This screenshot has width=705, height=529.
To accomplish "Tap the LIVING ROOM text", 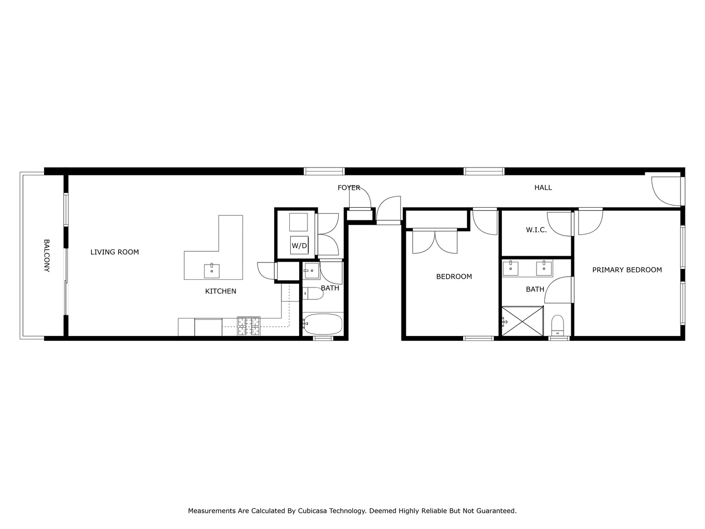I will pos(115,252).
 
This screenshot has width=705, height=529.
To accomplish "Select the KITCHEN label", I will pos(220,291).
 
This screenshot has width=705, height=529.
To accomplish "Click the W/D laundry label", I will pos(299,245).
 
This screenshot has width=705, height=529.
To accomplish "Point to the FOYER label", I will pos(349,188).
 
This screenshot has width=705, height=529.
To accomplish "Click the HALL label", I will pos(543,188).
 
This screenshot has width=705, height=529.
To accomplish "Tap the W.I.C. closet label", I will pos(536,230).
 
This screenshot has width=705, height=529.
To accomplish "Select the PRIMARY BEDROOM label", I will pos(627,270).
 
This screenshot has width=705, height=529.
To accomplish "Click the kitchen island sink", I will pos(211,270).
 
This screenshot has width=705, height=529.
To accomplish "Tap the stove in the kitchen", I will pos(249,326).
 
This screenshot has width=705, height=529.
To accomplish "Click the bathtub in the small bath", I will pos(323,324).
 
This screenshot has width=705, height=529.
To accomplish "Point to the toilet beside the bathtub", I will pos(313,293).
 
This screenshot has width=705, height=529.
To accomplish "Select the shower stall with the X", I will pos(522,321).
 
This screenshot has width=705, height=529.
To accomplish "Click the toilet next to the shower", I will pos(558,325).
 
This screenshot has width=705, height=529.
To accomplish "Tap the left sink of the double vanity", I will pos(511,268).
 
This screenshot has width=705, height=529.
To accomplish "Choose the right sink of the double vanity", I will pos(543,268).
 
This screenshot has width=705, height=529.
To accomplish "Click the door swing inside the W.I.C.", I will pos(560,223).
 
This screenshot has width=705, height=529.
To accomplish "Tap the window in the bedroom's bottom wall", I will pos(478,338).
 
